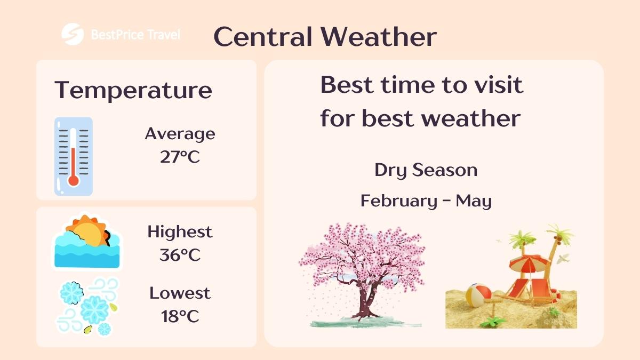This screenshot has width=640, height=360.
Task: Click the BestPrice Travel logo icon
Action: tap(73, 35)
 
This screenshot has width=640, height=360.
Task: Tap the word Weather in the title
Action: tap(379, 37)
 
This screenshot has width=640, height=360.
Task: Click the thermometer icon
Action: tap(74, 156)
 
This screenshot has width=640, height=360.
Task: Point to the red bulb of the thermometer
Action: tap(74, 180)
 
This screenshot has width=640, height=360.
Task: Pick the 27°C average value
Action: tap(180, 157)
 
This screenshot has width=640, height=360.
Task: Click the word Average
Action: tap(180, 133)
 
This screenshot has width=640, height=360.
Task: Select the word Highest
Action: tap(180, 232)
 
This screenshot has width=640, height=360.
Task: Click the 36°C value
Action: tap(180, 255)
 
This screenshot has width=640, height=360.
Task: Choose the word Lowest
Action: tap(180, 293)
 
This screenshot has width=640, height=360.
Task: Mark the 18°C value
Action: tap(180, 316)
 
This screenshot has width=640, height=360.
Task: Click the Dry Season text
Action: tap(426, 170)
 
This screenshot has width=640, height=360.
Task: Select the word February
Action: tap(397, 201)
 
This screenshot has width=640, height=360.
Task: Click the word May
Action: tap(474, 202)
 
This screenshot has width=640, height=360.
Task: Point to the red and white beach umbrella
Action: tap(530, 262)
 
